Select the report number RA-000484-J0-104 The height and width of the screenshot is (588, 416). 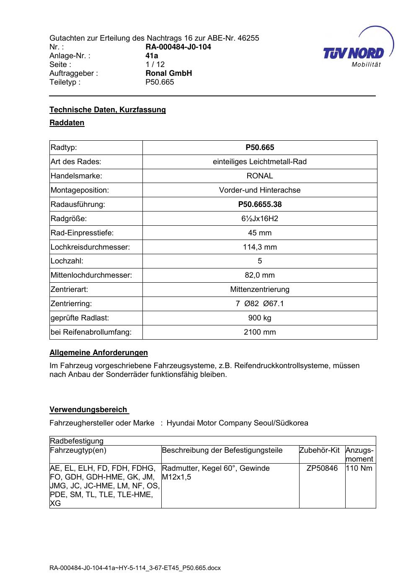(178, 47)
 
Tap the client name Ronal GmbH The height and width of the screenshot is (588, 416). (168, 73)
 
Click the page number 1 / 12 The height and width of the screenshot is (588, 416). (155, 64)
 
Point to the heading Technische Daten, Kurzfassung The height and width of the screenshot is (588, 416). (108, 110)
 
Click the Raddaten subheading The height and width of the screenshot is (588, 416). (67, 123)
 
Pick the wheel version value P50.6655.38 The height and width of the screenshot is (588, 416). (260, 204)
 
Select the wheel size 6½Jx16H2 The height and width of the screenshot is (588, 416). (260, 219)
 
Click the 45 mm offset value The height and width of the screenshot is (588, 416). (260, 233)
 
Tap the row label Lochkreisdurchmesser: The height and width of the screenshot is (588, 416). (90, 247)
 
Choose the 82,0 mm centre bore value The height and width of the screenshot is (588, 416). (260, 275)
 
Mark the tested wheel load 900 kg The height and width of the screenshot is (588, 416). (260, 318)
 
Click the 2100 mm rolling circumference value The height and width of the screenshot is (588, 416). (260, 332)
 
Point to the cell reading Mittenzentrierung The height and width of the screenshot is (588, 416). (260, 289)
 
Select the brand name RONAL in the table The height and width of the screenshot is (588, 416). (260, 176)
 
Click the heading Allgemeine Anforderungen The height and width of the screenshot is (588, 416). (98, 353)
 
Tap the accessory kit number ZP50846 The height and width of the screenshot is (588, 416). (322, 468)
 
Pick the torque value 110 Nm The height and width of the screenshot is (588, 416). (359, 468)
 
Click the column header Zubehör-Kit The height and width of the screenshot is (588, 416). (319, 450)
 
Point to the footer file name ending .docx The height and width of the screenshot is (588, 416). (135, 568)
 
